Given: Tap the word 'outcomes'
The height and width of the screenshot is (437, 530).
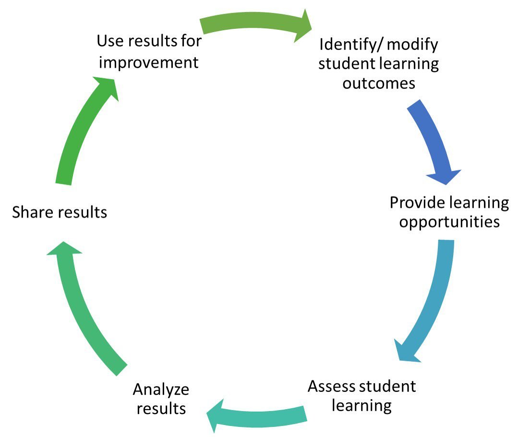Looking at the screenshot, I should coord(378,83).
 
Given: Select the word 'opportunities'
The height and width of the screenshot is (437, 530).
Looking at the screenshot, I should coord(450,222).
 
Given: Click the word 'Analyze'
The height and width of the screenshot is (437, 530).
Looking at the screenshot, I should coord(161,390).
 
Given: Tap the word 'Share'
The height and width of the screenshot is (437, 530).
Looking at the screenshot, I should coord(33,212).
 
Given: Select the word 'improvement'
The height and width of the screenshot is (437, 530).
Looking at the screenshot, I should coord(147,62).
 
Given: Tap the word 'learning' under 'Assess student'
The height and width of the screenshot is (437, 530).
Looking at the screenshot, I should coord(361,405).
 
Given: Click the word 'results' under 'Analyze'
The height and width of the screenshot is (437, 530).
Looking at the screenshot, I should coord(161,409).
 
